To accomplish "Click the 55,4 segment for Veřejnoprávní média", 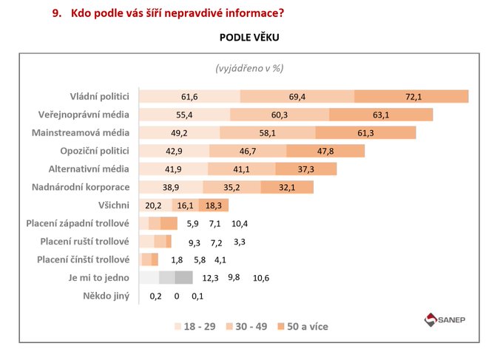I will (x=184, y=115).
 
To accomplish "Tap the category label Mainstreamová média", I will (x=81, y=132).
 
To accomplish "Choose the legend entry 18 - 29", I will (x=195, y=326).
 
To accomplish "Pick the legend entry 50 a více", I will (x=302, y=326).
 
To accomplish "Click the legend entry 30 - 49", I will (x=248, y=326).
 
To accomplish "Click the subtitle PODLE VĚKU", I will (x=249, y=37).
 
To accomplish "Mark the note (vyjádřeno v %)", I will (x=249, y=68).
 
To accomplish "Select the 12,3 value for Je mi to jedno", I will (x=211, y=278).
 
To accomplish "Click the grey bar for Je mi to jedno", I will (x=166, y=278).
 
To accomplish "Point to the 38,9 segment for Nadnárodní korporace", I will (x=170, y=187).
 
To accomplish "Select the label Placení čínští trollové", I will (x=84, y=259).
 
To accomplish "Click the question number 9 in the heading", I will (x=55, y=12).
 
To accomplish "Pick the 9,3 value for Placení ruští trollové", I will (x=195, y=242).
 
